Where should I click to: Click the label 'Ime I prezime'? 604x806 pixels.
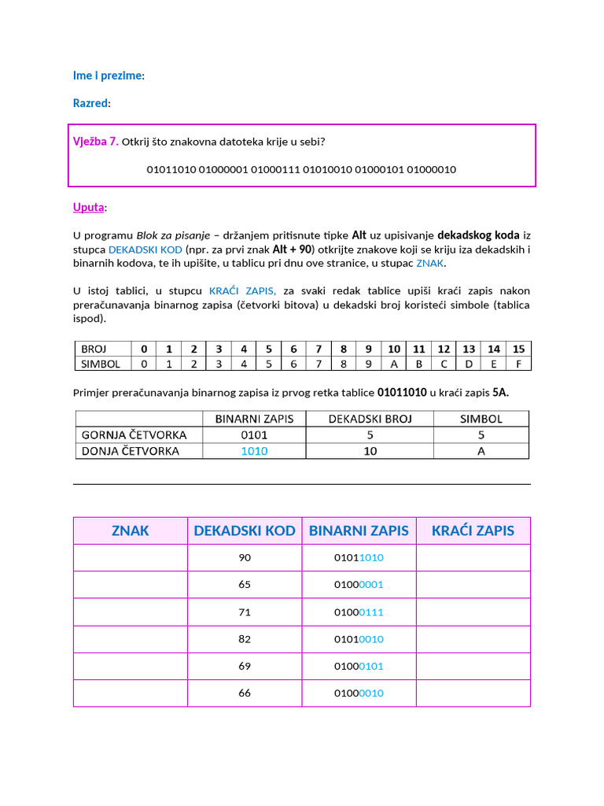coord(108,76)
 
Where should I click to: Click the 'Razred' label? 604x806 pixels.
coord(90,103)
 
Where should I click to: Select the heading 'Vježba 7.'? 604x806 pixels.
coord(95,142)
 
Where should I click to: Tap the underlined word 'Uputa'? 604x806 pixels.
coord(88,207)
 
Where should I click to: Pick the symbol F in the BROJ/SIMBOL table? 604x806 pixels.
coord(518,364)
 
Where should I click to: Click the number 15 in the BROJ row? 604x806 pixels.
coord(518,349)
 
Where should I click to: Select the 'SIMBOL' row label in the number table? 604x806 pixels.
coord(101,364)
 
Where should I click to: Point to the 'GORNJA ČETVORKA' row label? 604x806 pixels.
coord(134,434)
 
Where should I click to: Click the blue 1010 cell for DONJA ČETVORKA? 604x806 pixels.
coord(254,451)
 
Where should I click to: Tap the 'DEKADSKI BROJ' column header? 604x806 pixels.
coord(370,419)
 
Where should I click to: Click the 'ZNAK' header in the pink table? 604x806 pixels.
coord(131,531)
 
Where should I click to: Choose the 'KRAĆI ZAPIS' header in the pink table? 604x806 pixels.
coord(473,531)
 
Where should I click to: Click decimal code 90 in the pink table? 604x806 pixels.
coord(245,557)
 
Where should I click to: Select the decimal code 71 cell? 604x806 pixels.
coord(245,612)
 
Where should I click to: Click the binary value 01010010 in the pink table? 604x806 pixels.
coord(359,639)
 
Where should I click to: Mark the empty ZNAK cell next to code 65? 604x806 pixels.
coord(131,585)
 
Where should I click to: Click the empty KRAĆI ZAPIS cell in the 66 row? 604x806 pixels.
coord(473,693)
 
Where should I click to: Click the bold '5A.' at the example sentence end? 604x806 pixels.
coord(500,392)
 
